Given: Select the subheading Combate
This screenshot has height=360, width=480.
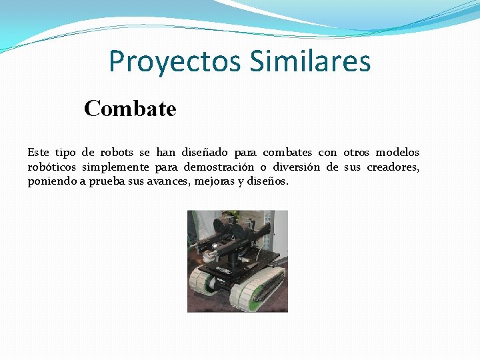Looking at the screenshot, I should coord(130,108).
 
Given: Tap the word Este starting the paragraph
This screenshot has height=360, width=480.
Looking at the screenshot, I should coord(38,153).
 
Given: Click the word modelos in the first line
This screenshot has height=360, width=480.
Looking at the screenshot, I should coord(398,153).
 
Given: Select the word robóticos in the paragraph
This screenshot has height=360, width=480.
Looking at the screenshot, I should coord(52,167).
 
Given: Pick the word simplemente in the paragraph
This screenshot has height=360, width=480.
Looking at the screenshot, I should coord(118,167).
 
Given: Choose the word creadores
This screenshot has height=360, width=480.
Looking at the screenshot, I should coord(393,167).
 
